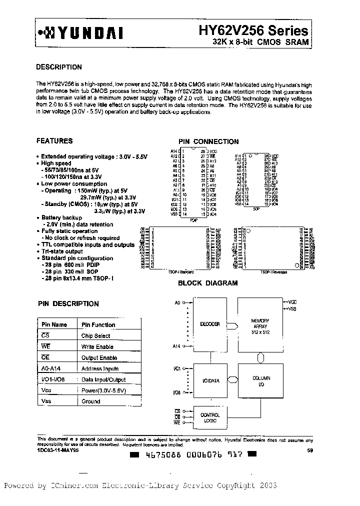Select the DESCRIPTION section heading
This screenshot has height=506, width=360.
59,67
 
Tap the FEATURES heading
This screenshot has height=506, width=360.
54,141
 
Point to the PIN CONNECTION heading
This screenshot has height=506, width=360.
208,141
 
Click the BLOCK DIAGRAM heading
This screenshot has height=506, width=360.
208,283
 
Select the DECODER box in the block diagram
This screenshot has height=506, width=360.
210,324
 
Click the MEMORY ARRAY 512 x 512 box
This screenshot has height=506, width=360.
260,324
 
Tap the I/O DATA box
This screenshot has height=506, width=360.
210,381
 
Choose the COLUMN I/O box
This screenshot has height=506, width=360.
260,381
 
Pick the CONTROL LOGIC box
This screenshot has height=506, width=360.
210,418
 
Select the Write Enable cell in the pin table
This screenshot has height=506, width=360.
97,346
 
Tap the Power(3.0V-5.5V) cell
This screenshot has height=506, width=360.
103,390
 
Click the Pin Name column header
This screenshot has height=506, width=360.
54,324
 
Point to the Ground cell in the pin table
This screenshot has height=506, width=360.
91,401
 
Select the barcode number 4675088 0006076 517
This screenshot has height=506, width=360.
193,455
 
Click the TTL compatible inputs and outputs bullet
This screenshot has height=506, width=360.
88,245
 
